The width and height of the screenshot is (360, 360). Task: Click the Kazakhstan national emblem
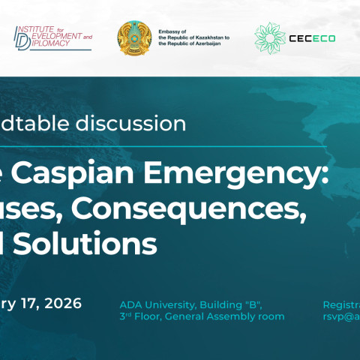click(134, 38)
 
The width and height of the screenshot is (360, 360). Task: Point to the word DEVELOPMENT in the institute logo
click(56, 36)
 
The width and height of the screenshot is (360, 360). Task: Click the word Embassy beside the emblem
click(170, 30)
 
